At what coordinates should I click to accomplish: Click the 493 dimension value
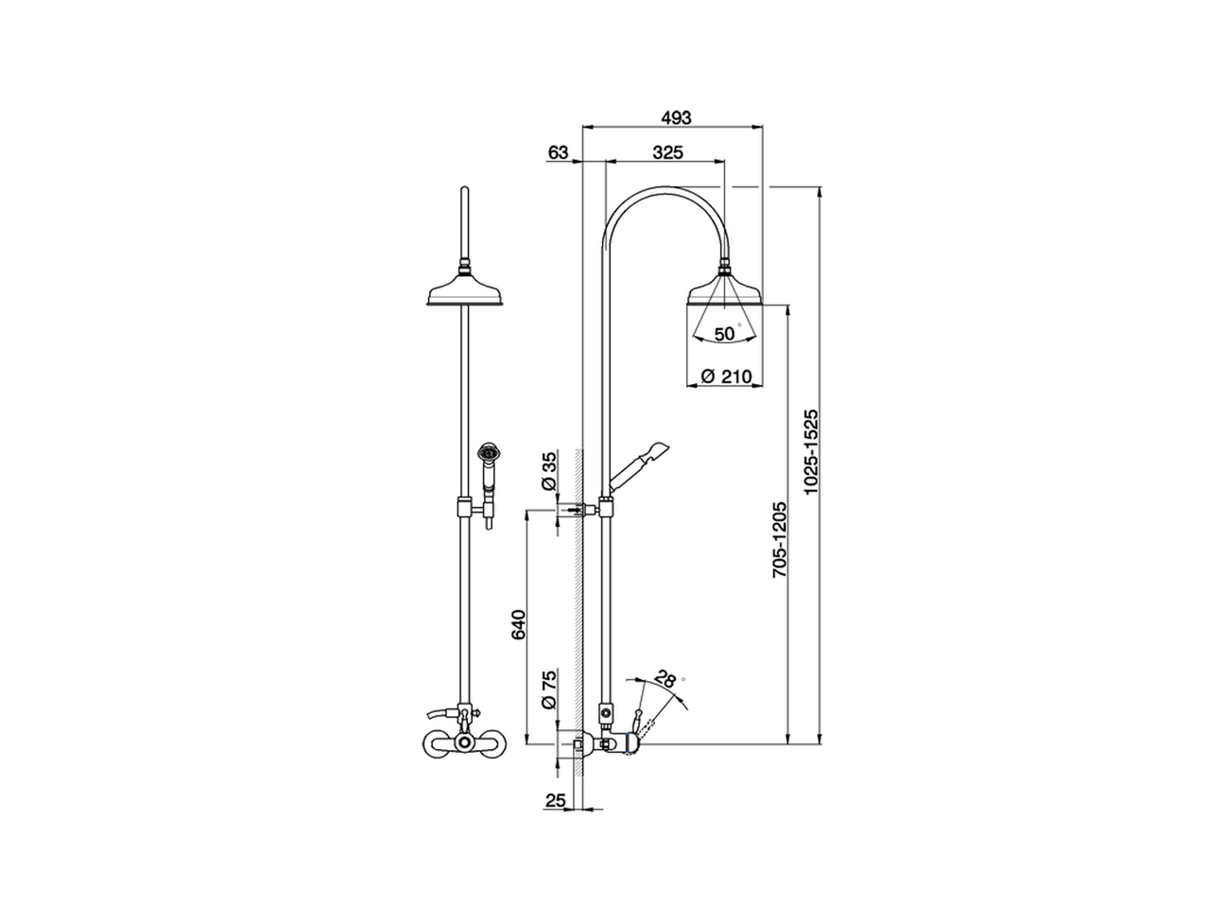click(675, 117)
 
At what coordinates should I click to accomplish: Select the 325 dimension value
click(667, 152)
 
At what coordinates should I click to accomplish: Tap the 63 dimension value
click(558, 152)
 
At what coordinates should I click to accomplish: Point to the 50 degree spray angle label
click(725, 333)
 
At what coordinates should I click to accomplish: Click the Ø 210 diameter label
click(726, 376)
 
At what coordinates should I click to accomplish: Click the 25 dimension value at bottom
click(555, 800)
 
